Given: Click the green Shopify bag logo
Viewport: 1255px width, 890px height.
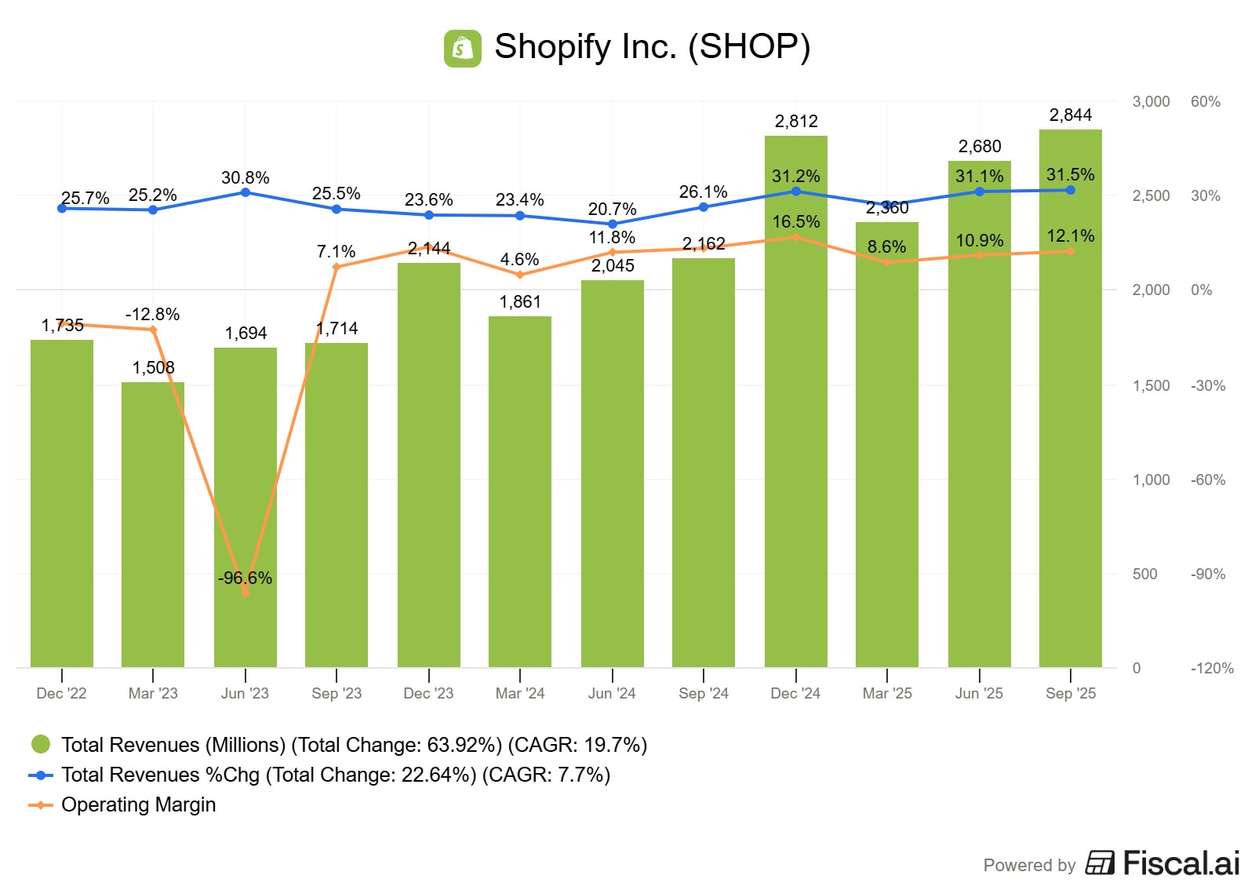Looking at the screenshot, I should [462, 48].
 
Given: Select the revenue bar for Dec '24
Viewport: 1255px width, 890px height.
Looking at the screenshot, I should [795, 440].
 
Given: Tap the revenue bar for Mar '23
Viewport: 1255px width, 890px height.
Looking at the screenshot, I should [153, 526].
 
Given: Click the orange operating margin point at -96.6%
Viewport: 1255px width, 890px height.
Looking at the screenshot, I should [246, 593].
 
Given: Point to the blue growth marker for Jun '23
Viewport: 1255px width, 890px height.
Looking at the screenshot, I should [246, 192].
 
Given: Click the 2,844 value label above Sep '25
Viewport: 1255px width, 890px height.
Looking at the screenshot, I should [1070, 115].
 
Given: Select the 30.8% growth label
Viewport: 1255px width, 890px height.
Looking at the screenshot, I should [245, 178].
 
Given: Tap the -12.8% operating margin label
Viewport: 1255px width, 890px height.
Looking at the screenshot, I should [153, 315].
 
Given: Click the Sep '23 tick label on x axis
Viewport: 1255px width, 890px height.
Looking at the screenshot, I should [336, 693].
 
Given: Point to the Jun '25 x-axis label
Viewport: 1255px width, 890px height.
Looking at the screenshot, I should [979, 693].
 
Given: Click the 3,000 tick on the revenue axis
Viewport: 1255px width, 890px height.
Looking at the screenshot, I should [1151, 102].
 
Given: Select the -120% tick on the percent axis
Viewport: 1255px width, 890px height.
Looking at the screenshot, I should [1212, 669].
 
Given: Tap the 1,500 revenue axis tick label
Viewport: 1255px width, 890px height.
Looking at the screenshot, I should [1151, 386].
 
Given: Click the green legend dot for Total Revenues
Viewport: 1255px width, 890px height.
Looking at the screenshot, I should [41, 744].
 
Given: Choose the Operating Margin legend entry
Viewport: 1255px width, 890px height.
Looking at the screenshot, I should [138, 804].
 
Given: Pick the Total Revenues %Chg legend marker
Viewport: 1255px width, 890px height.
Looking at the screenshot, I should [41, 775].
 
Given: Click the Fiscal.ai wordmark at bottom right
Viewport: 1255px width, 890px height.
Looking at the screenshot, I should [1180, 863].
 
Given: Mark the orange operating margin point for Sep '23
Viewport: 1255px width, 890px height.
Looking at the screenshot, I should [336, 267].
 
